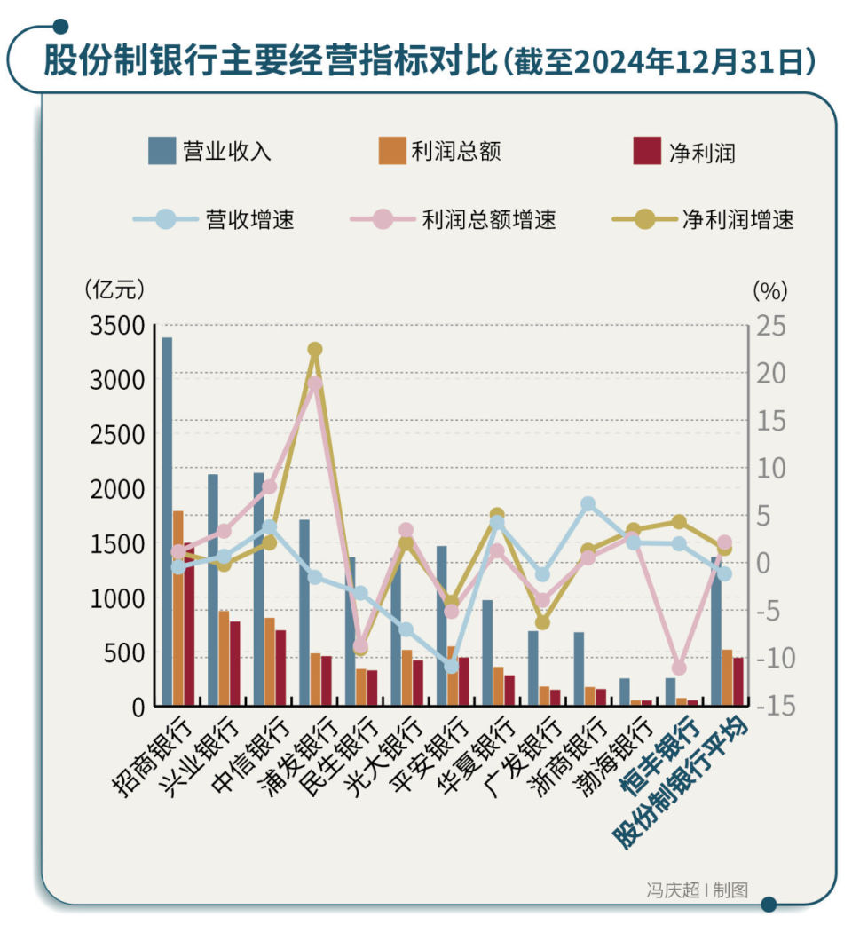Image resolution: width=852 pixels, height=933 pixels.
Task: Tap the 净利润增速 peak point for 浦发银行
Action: pyautogui.click(x=315, y=350)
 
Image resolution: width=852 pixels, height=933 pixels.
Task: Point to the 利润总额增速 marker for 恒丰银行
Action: pyautogui.click(x=679, y=668)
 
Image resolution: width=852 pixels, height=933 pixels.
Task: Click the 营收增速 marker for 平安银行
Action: pyautogui.click(x=451, y=666)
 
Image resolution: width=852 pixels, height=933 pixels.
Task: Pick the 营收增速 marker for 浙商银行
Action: pyautogui.click(x=588, y=504)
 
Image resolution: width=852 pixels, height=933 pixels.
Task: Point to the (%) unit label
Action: pyautogui.click(x=769, y=289)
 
